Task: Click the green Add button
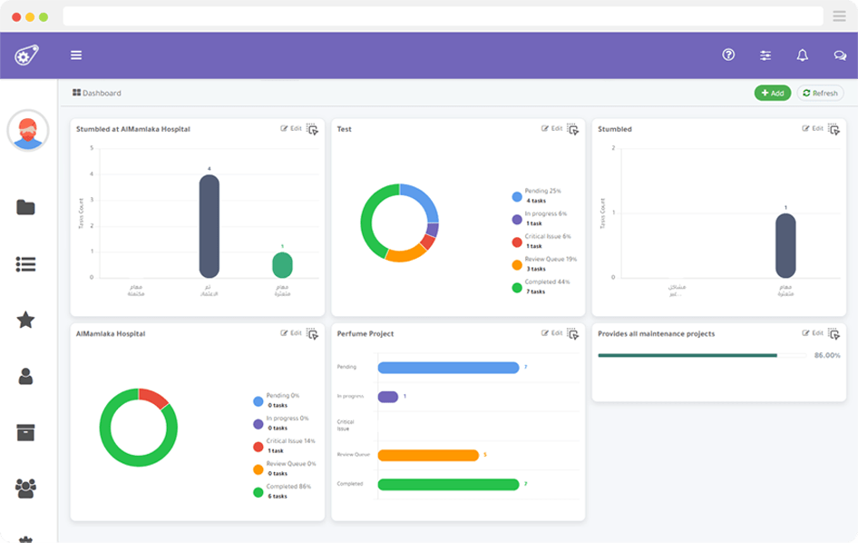[x=772, y=94]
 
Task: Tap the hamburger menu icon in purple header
[x=76, y=55]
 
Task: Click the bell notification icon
[x=802, y=55]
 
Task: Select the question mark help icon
[x=728, y=55]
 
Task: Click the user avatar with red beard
[x=28, y=131]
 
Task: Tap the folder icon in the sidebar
[x=25, y=207]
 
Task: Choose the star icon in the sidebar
[x=25, y=320]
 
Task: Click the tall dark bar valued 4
[x=210, y=226]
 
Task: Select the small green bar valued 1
[x=282, y=265]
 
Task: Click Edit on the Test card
[x=552, y=129]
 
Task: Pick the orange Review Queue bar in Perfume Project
[x=428, y=455]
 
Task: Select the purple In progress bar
[x=387, y=397]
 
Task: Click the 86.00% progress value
[x=827, y=356]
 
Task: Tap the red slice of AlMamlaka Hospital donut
[x=152, y=398]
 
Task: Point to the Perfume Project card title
[x=366, y=334]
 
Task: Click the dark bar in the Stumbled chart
[x=785, y=245]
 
